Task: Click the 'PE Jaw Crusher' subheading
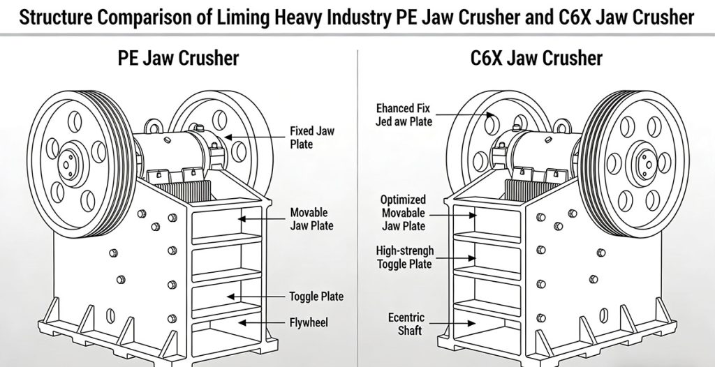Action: coord(178,57)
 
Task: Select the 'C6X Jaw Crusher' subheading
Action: coord(536,57)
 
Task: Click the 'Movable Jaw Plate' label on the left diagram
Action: coord(311,218)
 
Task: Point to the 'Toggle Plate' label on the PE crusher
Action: coord(316,296)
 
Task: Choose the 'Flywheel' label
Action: coord(309,322)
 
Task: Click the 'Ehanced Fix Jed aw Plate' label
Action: coord(404,115)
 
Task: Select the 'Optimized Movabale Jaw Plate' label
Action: coord(404,212)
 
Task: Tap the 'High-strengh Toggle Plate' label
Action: coord(404,257)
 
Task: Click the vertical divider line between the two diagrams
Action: coord(357,209)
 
